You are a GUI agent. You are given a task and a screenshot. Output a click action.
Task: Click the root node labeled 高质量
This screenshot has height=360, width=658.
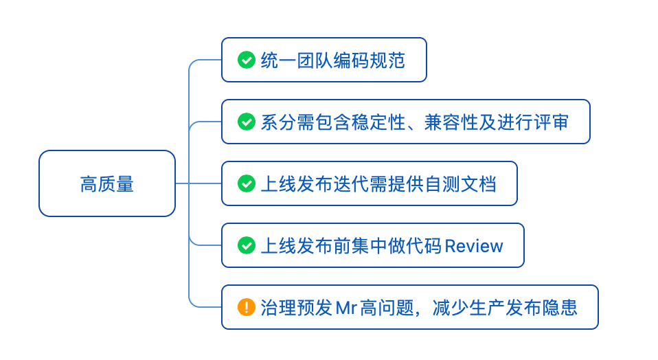pyautogui.click(x=107, y=184)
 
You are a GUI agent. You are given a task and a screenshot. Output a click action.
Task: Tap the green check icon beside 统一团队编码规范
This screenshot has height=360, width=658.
pyautogui.click(x=246, y=60)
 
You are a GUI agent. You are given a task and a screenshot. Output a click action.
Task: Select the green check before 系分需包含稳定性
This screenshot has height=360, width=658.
pyautogui.click(x=246, y=122)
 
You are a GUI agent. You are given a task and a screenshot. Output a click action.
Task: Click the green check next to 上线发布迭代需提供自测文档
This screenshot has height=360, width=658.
pyautogui.click(x=246, y=184)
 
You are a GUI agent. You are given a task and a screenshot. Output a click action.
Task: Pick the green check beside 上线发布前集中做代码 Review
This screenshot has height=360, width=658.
pyautogui.click(x=246, y=245)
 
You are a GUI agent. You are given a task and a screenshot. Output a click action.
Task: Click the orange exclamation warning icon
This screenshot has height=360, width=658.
pyautogui.click(x=246, y=307)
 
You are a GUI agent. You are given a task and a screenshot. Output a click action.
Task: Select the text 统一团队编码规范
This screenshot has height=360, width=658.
pyautogui.click(x=333, y=60)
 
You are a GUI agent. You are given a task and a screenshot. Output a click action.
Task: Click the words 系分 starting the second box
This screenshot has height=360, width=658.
pyautogui.click(x=278, y=122)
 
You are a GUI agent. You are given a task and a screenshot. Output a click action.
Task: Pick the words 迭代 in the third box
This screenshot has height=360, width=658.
pyautogui.click(x=350, y=184)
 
